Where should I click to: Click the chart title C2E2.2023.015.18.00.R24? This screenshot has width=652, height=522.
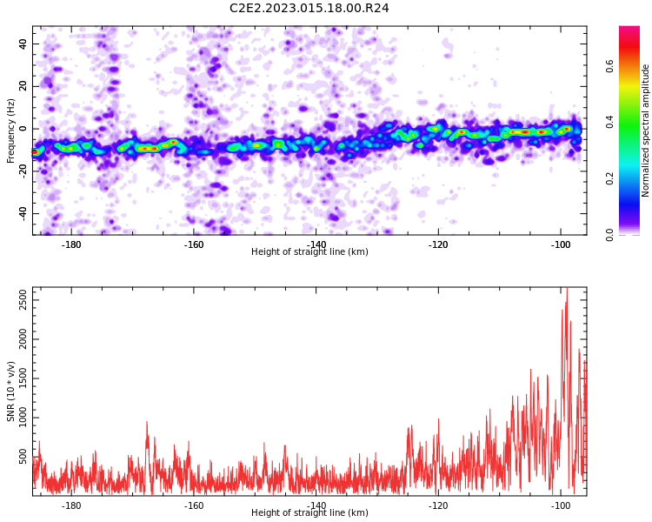coord(309,8)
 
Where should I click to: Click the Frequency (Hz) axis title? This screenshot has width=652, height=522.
coord(10,130)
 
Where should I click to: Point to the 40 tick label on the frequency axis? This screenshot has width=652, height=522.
coord(23,43)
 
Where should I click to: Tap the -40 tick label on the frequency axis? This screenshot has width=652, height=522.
coord(23,213)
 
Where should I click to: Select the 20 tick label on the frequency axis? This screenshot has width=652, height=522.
coord(23,86)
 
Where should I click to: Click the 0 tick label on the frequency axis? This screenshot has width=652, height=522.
coord(23,129)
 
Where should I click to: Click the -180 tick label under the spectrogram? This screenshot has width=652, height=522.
coord(71,244)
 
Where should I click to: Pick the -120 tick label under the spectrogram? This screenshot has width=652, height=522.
coord(438,244)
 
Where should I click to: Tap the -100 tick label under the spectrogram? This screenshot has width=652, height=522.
coord(561,244)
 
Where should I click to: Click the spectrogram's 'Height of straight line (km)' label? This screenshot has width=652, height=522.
coord(309,251)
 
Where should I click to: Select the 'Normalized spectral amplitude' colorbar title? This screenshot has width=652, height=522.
coord(645,130)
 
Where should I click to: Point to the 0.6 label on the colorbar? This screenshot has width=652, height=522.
coord(609,66)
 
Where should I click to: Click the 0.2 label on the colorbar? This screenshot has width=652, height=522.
coord(609,178)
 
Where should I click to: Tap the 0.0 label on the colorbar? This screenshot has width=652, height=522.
coord(609,235)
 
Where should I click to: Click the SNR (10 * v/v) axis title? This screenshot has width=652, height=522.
coord(10,391)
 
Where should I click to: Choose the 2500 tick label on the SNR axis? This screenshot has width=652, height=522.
coord(23,299)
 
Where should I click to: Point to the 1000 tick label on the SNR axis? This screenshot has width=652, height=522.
coord(23,418)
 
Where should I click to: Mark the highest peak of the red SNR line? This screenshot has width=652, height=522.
coord(567,288)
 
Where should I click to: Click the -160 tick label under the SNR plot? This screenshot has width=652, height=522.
coord(193,505)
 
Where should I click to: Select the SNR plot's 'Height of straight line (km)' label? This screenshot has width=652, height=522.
coord(309,512)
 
